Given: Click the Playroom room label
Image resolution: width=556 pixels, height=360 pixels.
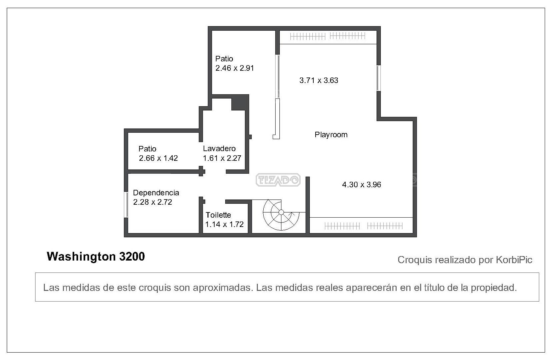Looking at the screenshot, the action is point(331,135).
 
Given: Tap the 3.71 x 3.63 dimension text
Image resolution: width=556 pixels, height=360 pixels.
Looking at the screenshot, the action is point(319,80).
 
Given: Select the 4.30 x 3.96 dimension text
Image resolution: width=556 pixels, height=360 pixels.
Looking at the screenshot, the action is point(361,185).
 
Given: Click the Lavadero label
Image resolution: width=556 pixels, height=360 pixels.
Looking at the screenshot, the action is point(219,149).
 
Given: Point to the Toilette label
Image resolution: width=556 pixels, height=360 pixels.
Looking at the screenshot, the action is point(218,215).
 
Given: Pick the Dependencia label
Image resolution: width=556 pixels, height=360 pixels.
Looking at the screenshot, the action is point(156,193).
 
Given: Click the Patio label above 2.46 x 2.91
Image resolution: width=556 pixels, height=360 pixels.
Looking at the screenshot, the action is point(224,59).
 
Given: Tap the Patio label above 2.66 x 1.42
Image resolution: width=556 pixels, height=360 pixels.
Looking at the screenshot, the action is point(147,149).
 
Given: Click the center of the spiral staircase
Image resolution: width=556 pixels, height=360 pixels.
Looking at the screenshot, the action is point(281,213).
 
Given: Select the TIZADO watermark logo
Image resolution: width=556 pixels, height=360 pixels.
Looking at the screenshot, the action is point(278,180).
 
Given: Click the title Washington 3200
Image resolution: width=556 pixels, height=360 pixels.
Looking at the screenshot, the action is point(96,257).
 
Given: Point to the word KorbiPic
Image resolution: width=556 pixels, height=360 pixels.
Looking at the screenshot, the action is point(514,260).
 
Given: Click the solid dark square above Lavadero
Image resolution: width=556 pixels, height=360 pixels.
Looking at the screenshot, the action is point(240,103).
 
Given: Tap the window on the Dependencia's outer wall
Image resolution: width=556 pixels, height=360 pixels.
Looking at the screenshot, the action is point(126,205).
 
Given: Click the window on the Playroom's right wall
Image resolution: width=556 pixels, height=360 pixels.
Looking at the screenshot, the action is point(379,78).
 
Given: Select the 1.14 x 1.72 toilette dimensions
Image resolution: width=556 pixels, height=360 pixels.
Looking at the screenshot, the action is point(224,224).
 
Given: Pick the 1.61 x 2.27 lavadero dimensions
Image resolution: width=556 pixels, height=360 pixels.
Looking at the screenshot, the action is point(222,158).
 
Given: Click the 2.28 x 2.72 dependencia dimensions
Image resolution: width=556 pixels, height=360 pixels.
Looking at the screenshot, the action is point(152,202).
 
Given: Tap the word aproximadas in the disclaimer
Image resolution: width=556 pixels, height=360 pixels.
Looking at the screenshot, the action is point(223,288).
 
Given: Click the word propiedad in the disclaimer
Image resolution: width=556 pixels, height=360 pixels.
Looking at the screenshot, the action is point(493,288).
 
